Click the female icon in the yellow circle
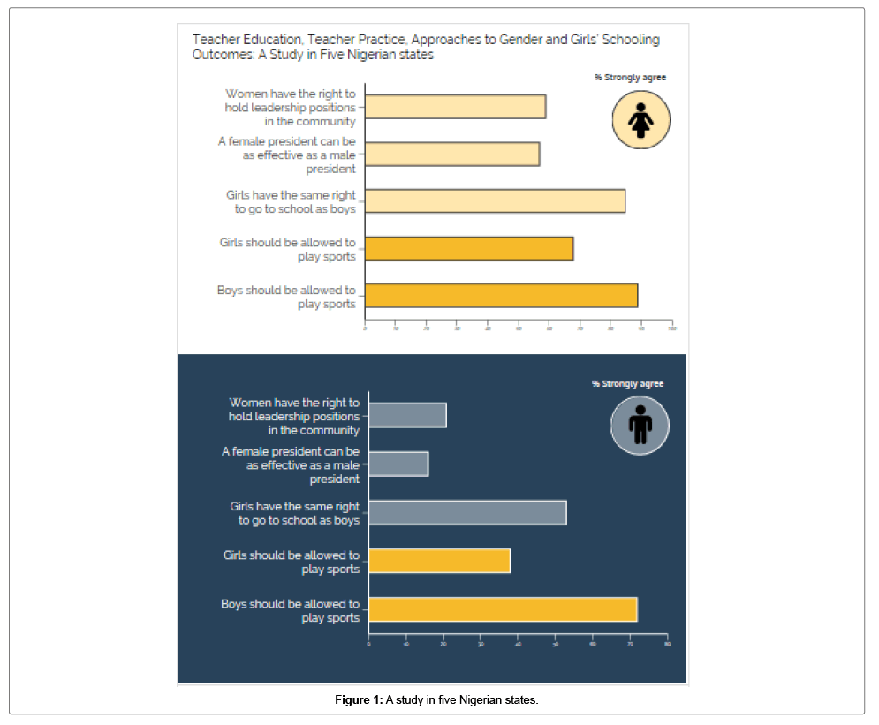click(641, 119)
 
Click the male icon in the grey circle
click(640, 426)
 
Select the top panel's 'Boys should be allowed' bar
click(501, 296)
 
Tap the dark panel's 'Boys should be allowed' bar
click(503, 609)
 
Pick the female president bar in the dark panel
click(398, 464)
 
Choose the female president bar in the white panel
click(452, 154)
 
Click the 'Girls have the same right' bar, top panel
click(495, 201)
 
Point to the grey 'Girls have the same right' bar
click(467, 512)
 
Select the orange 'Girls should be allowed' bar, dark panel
click(439, 561)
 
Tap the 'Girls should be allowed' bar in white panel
click(469, 249)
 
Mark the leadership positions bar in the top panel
click(455, 106)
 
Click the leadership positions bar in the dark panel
click(407, 415)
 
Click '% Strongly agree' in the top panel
click(630, 78)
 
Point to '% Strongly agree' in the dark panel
click(627, 384)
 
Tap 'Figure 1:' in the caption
click(359, 700)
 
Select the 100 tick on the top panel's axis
click(672, 329)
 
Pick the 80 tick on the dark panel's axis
click(667, 643)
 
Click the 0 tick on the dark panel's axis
click(369, 643)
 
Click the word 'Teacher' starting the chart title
click(215, 40)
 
